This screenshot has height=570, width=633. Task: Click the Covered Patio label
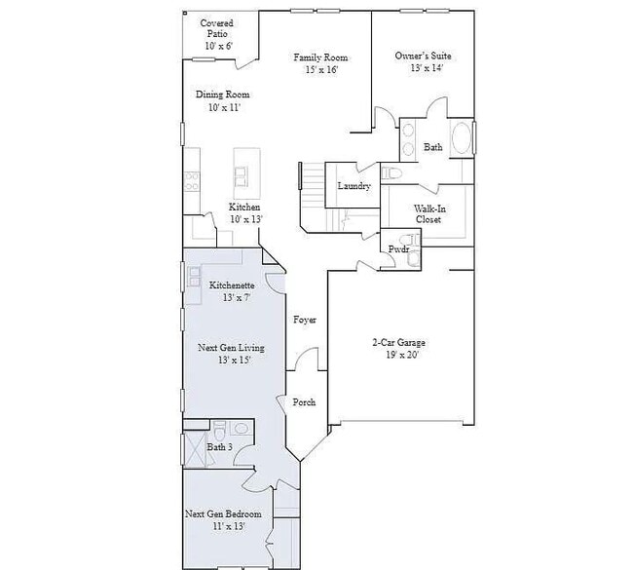(215, 28)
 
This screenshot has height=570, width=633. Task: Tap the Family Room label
(320, 57)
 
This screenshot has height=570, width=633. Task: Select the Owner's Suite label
(423, 57)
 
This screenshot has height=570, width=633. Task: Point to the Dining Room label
(223, 95)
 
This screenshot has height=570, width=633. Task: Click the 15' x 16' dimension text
(320, 70)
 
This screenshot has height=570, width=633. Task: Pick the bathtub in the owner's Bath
(463, 139)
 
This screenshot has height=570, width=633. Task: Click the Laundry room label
(354, 186)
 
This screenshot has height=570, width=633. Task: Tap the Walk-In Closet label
(428, 214)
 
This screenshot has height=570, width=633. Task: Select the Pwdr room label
(397, 249)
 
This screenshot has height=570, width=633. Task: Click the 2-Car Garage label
(398, 342)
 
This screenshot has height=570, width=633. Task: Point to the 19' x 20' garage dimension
(398, 355)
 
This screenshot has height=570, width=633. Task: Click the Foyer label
(305, 320)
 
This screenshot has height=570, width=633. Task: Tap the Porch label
(304, 401)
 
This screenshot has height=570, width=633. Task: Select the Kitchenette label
(232, 285)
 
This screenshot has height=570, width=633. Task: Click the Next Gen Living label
(231, 348)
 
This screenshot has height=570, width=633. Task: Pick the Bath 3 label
(219, 447)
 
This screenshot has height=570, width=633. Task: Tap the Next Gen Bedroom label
(223, 513)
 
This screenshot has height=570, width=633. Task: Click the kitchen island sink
(241, 175)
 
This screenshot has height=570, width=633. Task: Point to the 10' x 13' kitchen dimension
(244, 220)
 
